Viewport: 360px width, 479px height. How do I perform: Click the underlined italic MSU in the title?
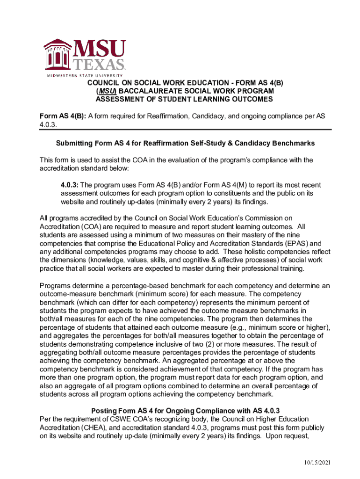point(106,91)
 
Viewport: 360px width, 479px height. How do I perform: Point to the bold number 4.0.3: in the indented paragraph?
point(70,185)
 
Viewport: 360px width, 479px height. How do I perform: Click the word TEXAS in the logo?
point(101,65)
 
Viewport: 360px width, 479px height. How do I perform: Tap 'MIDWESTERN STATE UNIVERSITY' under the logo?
point(85,75)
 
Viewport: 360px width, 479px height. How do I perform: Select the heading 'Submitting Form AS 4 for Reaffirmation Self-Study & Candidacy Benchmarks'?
point(185,143)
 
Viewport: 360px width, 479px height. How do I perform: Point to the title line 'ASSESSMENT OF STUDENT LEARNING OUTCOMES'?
point(184,100)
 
